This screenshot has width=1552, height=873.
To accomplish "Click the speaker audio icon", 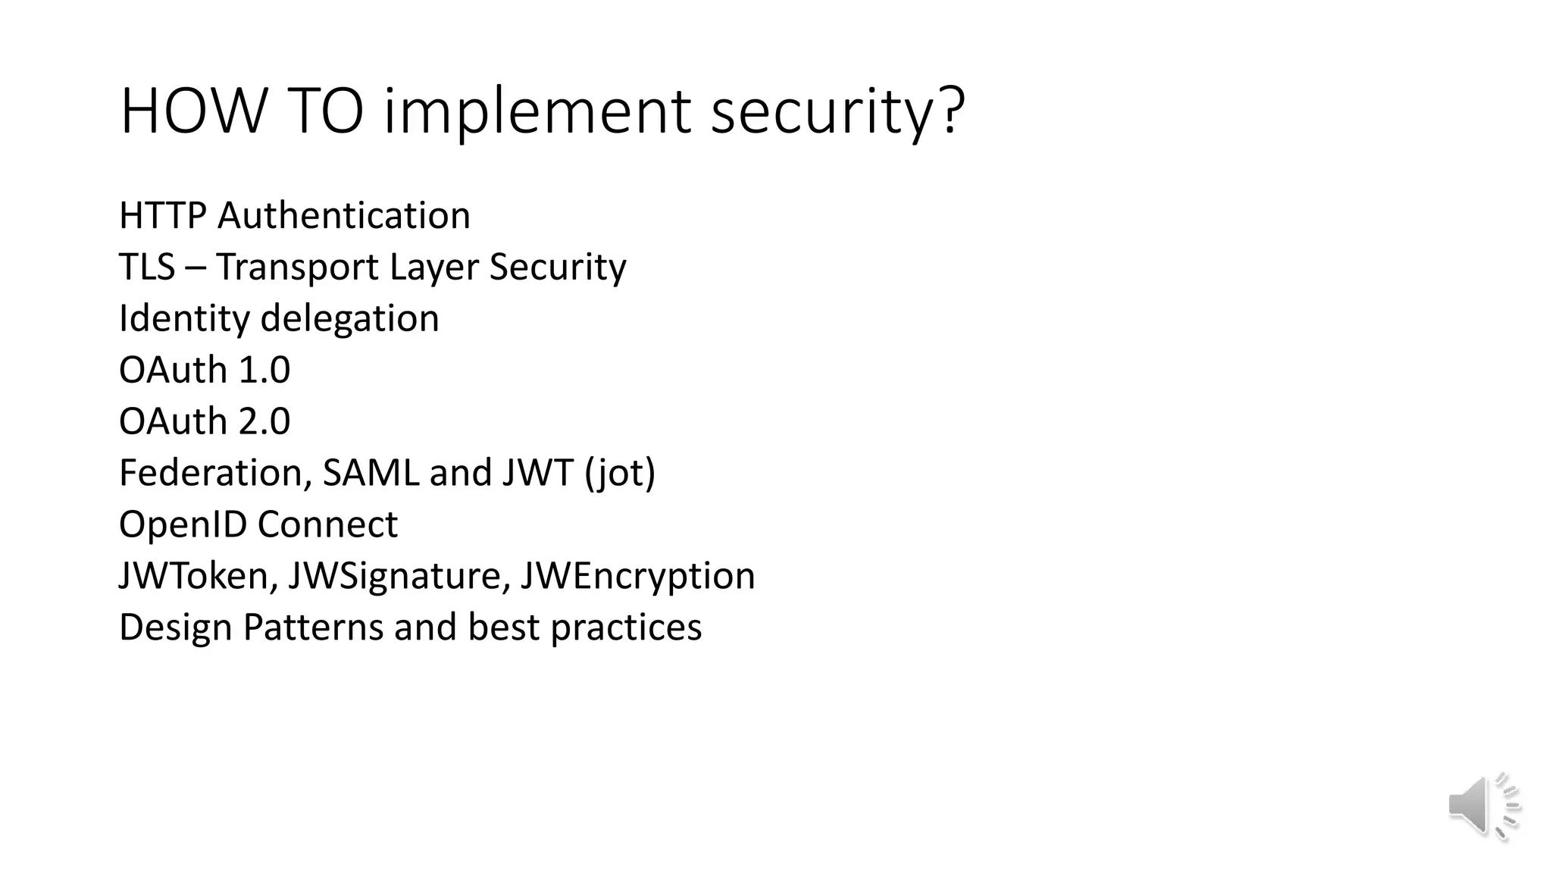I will [1484, 806].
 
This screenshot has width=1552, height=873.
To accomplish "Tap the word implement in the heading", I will [537, 111].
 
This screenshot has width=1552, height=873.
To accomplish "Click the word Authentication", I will [344, 215].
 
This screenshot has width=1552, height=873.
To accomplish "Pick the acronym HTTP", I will [162, 215].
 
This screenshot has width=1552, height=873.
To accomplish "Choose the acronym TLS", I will [147, 267].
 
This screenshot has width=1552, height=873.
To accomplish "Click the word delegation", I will [349, 318].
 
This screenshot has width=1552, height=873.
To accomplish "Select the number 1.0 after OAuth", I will [264, 370].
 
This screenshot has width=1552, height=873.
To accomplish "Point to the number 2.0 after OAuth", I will [264, 421].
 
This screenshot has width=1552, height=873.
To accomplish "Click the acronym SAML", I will [371, 473].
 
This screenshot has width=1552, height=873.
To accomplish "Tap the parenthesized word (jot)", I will [619, 473].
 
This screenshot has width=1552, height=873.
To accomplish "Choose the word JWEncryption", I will [637, 576].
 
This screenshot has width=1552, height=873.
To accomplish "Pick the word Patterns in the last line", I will [313, 627].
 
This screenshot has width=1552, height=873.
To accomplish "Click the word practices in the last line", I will [626, 627].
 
